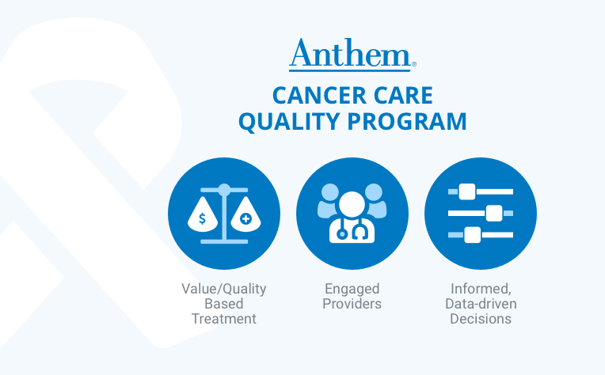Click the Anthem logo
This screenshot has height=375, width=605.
[x=352, y=55]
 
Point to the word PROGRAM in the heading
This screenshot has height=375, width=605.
[x=407, y=121]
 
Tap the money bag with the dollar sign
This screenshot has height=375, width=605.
[x=203, y=216]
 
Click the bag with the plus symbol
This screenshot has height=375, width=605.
[x=245, y=216]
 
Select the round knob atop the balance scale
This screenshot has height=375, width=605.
[x=224, y=190]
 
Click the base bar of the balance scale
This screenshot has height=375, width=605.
[x=224, y=241]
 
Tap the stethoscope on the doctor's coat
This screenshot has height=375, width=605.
[x=352, y=230]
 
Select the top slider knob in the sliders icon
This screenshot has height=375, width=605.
[x=467, y=191]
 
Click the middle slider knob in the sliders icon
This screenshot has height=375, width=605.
[x=494, y=213]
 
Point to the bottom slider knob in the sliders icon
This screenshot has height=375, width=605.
[x=472, y=235]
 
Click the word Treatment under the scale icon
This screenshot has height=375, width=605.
[x=224, y=319]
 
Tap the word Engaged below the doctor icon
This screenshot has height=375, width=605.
[x=352, y=290]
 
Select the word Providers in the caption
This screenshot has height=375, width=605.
[x=352, y=304]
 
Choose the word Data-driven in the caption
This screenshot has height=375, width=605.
[x=481, y=304]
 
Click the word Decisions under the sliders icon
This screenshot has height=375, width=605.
[x=481, y=319]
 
